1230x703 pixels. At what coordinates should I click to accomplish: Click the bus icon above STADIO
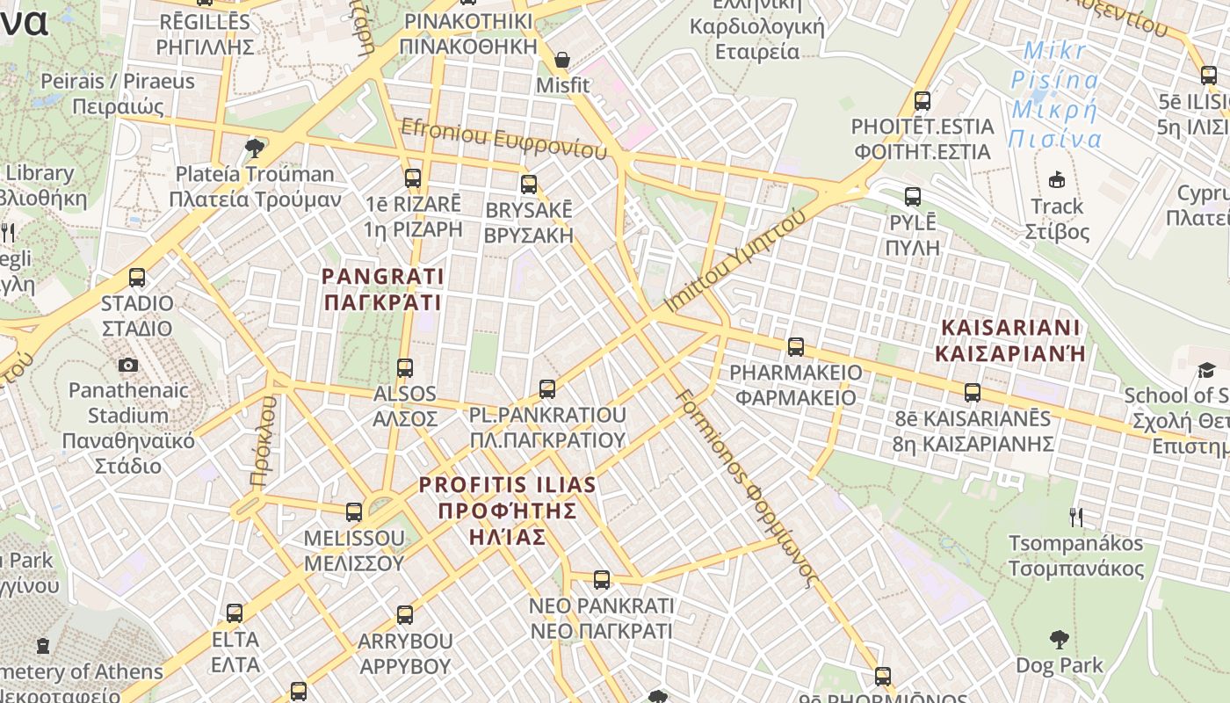tap(137, 278)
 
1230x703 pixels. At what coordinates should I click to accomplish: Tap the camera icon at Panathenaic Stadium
tap(128, 365)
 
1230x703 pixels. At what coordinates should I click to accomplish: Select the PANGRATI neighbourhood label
tap(382, 289)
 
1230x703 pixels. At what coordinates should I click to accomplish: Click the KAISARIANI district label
tap(1009, 340)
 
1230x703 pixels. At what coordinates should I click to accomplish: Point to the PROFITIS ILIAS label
tap(507, 511)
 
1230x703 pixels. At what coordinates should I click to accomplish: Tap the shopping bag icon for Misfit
tap(562, 61)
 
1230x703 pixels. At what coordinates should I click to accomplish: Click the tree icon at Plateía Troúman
tap(255, 148)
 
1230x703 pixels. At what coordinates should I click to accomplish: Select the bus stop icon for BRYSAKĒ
tap(529, 185)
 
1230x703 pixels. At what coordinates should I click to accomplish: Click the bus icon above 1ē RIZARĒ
tap(413, 178)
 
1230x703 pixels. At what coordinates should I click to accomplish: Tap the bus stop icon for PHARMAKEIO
tap(796, 347)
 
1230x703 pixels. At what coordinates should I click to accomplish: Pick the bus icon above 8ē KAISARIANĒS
tap(973, 393)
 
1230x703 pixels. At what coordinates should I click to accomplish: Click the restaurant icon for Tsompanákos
tap(1075, 517)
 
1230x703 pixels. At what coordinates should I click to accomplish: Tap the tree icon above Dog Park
tap(1060, 639)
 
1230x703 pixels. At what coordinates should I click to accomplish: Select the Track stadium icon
tap(1057, 180)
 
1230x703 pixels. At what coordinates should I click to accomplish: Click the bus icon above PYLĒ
tap(913, 196)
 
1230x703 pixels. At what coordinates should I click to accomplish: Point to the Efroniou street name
tap(503, 139)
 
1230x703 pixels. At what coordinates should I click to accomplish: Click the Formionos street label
tap(748, 488)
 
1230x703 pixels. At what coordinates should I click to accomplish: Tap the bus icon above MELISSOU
tap(354, 511)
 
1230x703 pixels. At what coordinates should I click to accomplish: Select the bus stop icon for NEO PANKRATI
tap(602, 580)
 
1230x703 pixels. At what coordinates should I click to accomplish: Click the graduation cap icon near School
tap(1206, 370)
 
